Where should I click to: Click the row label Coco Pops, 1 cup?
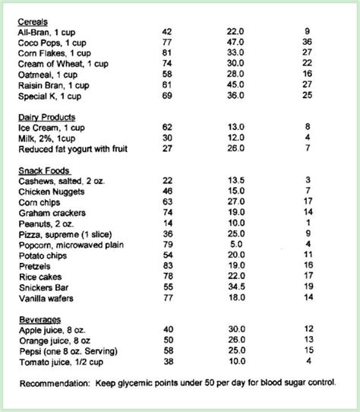tap(52, 42)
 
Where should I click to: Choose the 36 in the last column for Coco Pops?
tap(308, 42)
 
